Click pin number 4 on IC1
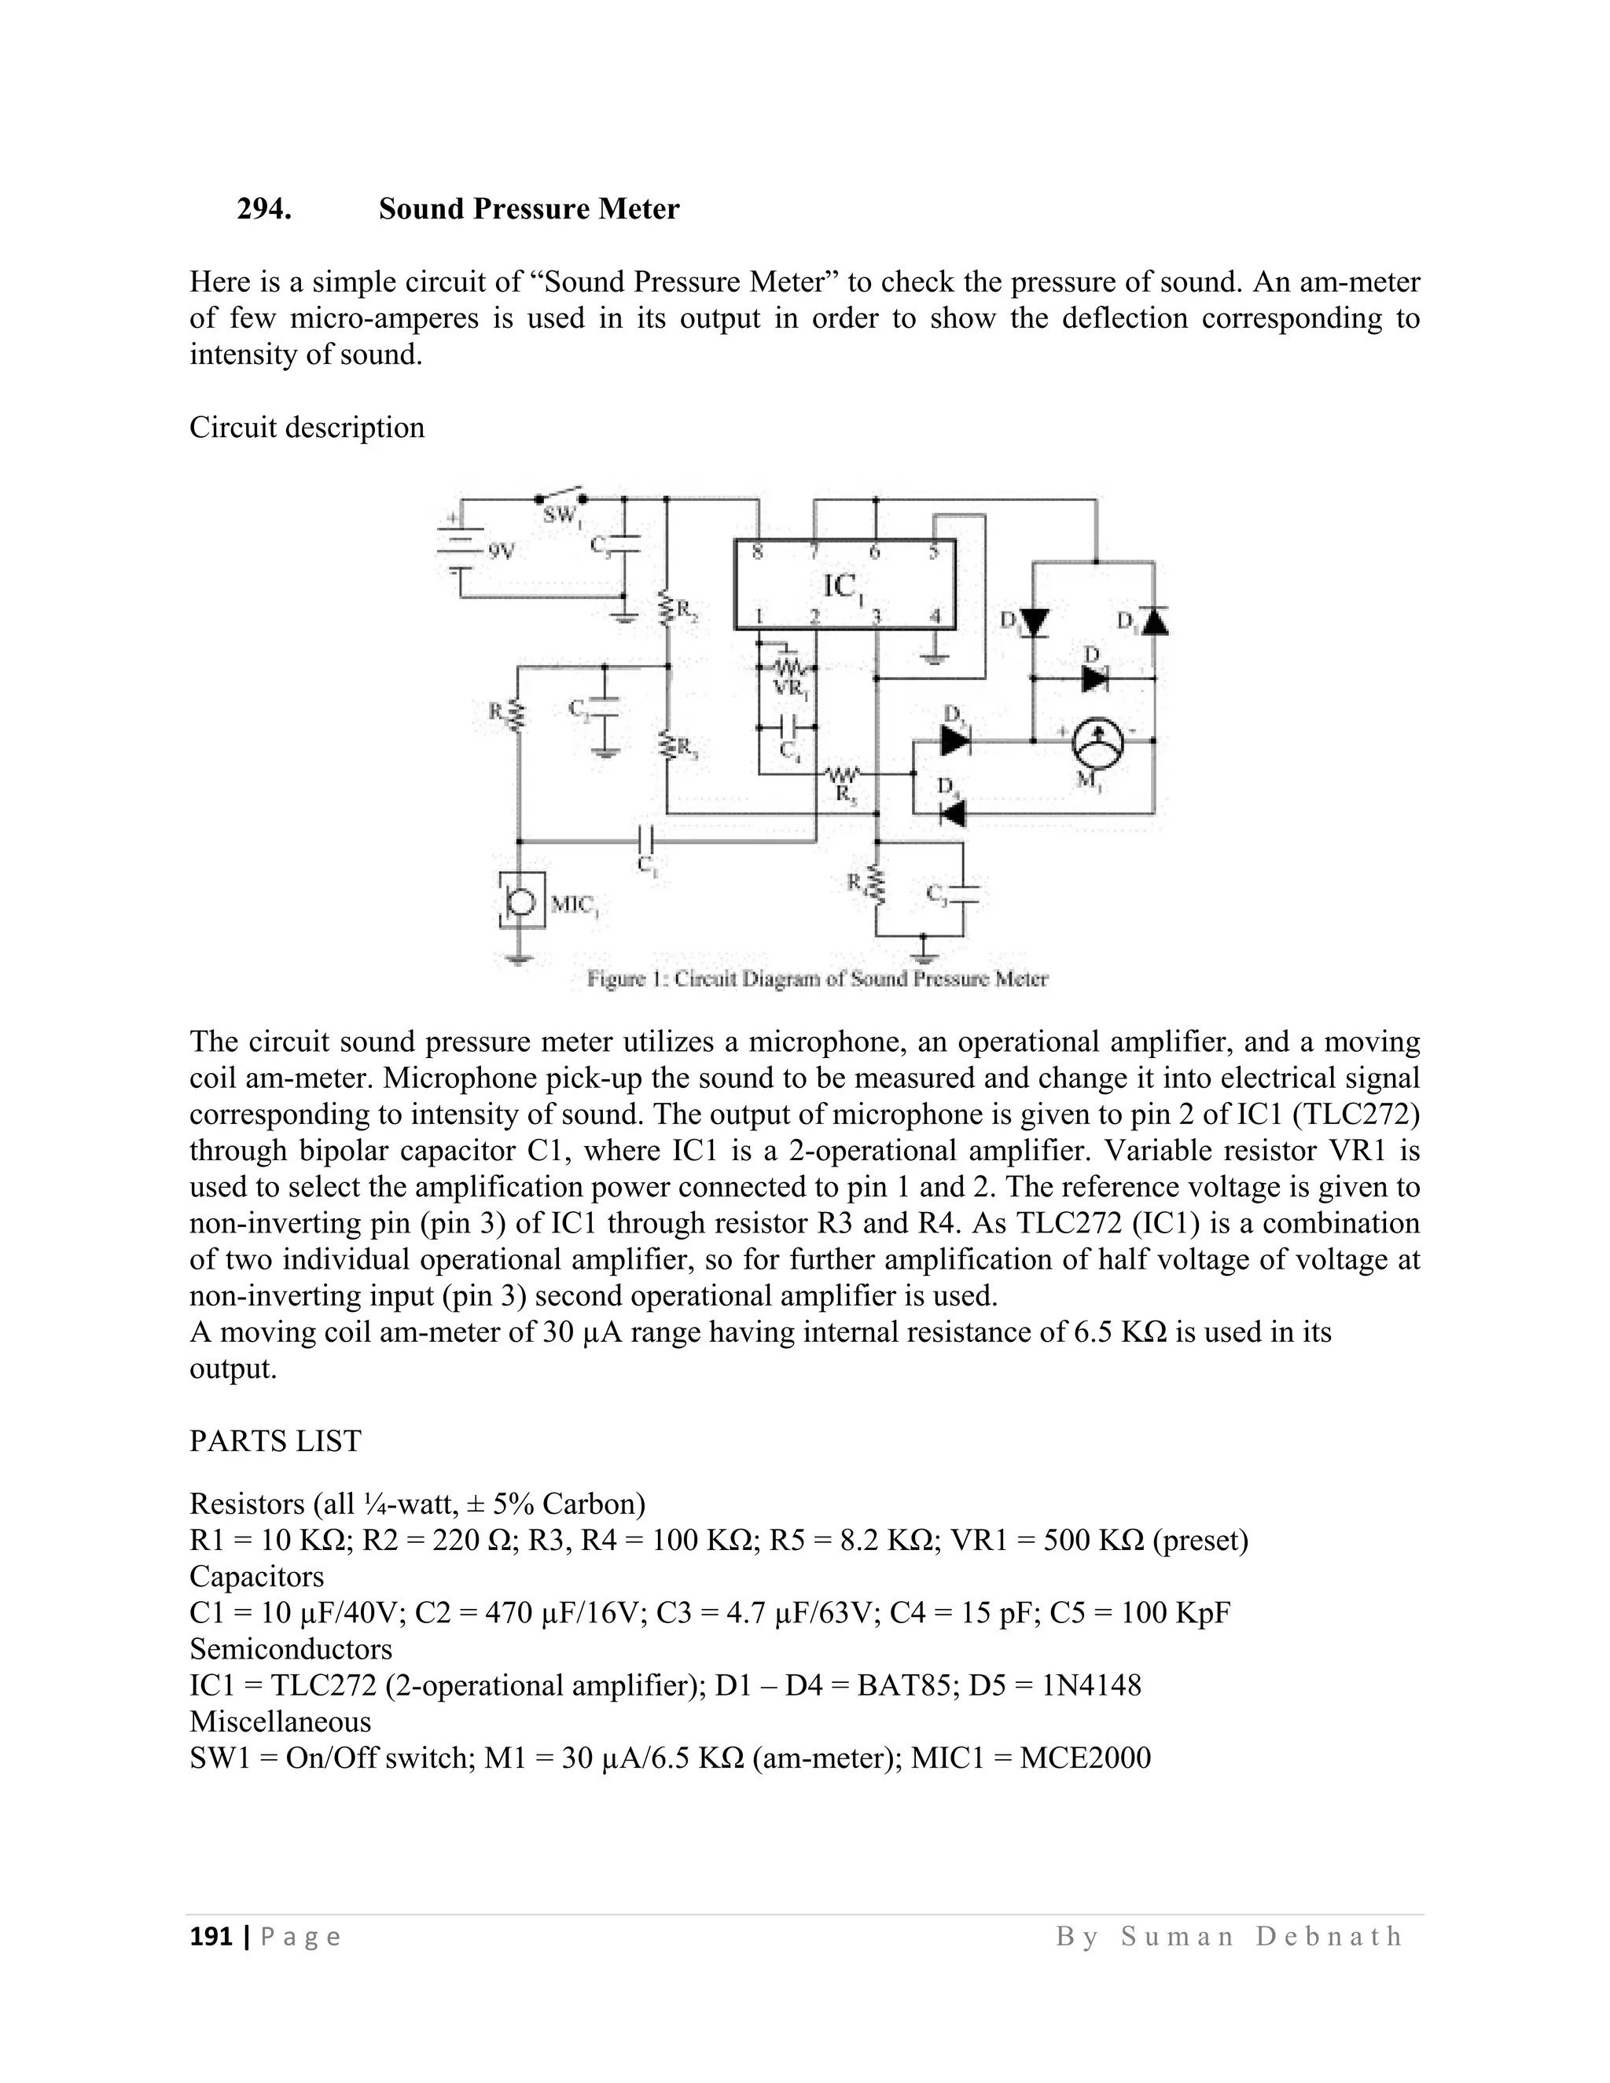(935, 616)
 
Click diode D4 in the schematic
(951, 813)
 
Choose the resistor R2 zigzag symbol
(667, 608)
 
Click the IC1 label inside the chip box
(842, 585)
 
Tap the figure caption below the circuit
(818, 979)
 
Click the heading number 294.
(264, 209)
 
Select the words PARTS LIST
(276, 1441)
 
